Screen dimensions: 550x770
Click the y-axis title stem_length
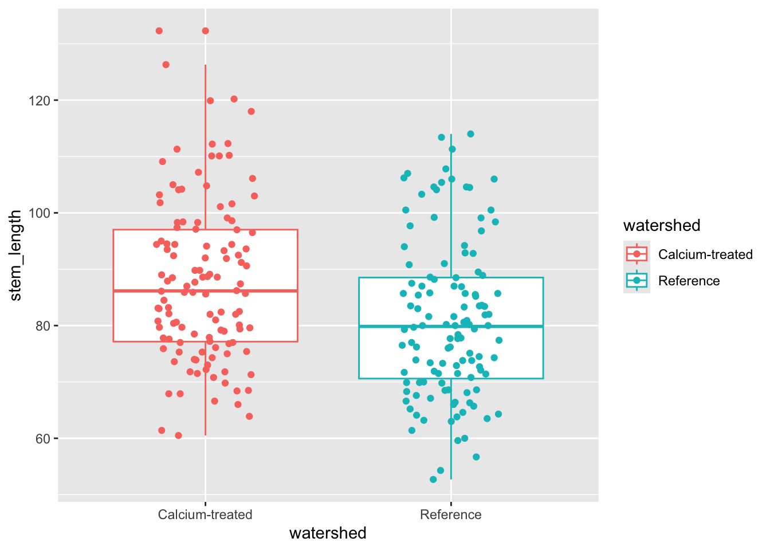[15, 255]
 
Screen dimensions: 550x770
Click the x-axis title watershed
[328, 533]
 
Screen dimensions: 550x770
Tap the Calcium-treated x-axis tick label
[205, 514]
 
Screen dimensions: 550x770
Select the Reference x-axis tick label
[451, 514]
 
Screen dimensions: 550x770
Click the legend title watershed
[662, 226]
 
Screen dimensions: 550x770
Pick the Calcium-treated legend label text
[705, 254]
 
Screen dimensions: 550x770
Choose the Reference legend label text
[689, 281]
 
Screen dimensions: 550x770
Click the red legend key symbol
[637, 254]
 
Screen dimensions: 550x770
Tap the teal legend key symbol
[637, 280]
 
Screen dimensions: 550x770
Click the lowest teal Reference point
[433, 480]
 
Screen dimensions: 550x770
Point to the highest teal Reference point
[470, 134]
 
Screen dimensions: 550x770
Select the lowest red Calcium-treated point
[178, 435]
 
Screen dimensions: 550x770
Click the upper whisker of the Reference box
[451, 206]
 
